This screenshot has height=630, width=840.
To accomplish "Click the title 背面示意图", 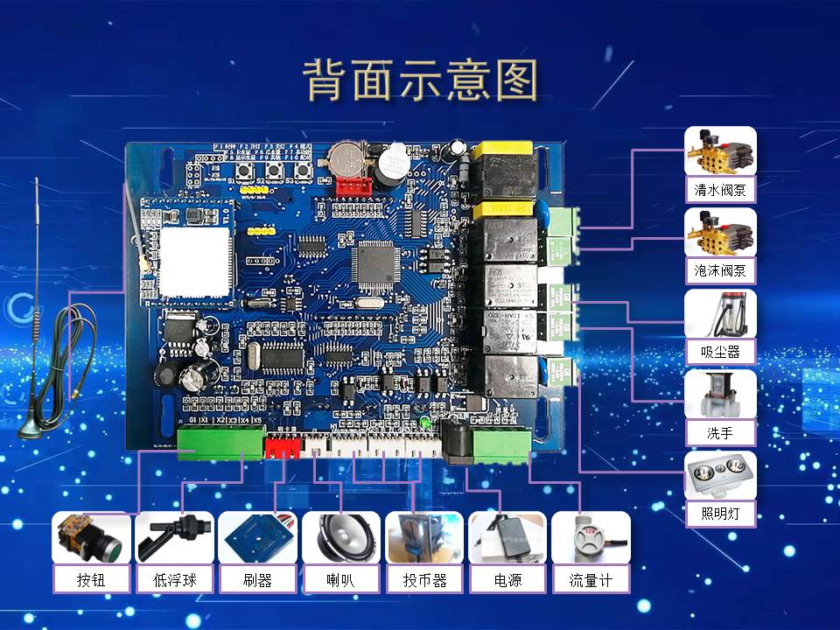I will coord(421,81).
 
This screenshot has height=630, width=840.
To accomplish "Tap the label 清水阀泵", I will coord(719,190).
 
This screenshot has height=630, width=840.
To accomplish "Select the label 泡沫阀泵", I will coord(719,271).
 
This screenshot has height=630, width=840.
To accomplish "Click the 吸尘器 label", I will coord(719,353).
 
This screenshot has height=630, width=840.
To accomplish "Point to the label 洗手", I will coord(719,432).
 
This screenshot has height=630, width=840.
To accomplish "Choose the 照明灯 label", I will coord(719,513).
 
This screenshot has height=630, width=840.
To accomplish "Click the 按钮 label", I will coord(91,579).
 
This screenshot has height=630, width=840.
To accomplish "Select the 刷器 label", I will coord(257,579).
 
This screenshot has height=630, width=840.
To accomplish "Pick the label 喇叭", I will coord(340,579).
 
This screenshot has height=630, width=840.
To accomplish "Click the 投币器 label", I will coord(424,579).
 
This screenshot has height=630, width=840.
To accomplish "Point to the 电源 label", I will coord(507,579).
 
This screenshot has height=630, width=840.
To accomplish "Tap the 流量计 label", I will coord(591,579).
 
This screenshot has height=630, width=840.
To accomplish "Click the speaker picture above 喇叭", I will coord(340,537).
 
